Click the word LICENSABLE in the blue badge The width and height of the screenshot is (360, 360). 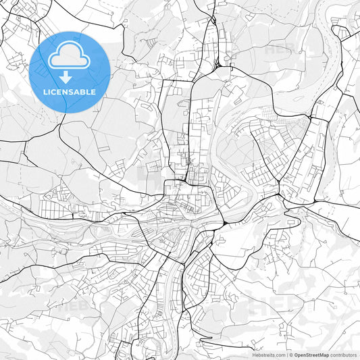70,92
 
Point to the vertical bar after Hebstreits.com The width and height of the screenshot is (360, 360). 286,355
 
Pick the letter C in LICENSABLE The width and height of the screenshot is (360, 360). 55,92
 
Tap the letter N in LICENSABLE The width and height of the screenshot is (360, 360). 68,92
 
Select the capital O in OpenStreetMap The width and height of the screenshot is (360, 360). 296,355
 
